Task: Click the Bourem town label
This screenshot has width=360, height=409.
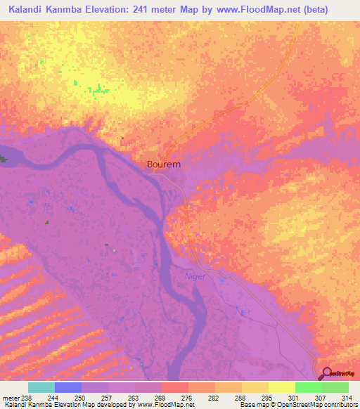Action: tap(164, 164)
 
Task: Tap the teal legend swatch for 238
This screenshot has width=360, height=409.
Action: tap(41, 387)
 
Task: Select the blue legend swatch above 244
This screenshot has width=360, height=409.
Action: tap(67, 387)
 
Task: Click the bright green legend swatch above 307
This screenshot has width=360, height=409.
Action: tap(308, 387)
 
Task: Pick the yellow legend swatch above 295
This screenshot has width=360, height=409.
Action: tap(281, 387)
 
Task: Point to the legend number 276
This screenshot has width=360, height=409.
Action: tap(186, 397)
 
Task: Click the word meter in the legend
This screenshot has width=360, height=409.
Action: tap(11, 397)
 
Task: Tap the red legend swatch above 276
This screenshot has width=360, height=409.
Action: tap(174, 387)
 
